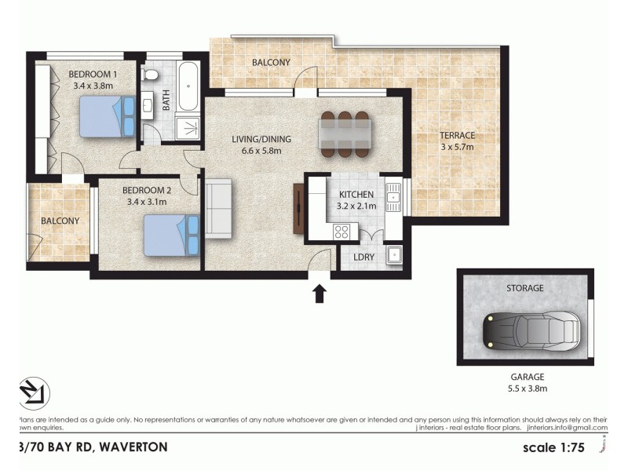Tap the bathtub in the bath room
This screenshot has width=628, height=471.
188,88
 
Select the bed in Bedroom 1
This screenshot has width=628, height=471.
108,116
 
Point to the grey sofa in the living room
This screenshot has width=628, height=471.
218,208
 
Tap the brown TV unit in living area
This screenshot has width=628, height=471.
298,208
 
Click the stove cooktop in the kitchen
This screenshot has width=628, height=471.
342,232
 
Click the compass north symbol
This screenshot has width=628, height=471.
34,393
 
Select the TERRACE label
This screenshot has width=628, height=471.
457,135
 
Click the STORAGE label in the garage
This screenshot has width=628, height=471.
524,288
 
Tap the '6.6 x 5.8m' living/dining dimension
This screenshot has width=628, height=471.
261,152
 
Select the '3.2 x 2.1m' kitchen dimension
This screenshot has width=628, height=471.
357,206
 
